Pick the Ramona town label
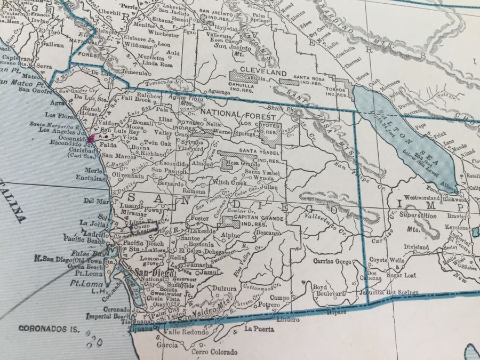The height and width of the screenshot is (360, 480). [x=194, y=190]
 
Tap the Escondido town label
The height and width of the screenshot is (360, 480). [x=172, y=164]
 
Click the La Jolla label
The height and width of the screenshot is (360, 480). [x=90, y=223]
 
